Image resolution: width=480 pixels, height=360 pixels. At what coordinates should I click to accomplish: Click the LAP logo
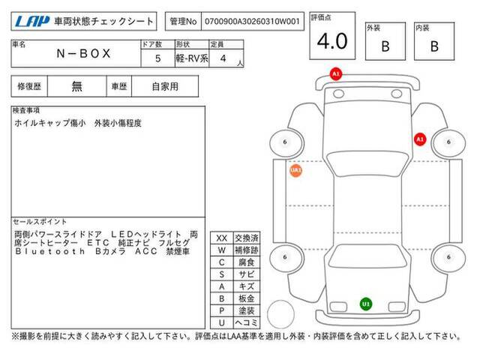click(32, 21)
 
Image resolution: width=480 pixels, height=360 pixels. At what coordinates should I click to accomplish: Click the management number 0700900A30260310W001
click(252, 22)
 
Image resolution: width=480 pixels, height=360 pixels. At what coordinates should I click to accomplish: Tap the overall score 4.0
click(332, 41)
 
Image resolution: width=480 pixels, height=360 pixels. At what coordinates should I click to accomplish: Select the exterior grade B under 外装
click(385, 46)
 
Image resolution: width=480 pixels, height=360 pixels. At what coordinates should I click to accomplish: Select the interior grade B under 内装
click(434, 46)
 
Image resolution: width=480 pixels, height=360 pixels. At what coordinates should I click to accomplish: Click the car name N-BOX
click(83, 53)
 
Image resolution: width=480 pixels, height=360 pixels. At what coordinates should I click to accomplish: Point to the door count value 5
click(157, 58)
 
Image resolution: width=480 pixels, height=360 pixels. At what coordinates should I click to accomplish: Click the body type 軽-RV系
click(192, 58)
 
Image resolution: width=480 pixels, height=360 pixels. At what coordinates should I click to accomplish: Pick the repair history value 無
click(76, 87)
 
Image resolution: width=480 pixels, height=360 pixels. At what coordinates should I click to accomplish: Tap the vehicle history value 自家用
click(165, 87)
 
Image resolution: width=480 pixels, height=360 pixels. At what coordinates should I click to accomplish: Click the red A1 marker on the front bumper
click(336, 74)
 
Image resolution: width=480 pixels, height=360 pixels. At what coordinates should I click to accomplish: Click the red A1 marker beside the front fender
click(420, 139)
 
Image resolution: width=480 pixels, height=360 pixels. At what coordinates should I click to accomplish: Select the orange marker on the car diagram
click(295, 170)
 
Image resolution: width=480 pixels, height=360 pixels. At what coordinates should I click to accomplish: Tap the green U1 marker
click(365, 304)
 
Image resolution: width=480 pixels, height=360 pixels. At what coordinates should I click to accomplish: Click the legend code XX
click(222, 238)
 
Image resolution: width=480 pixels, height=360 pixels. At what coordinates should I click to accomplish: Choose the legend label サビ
click(247, 274)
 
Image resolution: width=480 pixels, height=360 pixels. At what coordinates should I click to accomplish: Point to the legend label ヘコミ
click(247, 322)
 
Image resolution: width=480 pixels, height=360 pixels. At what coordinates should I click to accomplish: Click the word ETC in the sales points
click(98, 243)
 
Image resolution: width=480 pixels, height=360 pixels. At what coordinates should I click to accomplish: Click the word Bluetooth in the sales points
click(49, 251)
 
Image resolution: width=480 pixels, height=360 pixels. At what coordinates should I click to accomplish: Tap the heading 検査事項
click(26, 110)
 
